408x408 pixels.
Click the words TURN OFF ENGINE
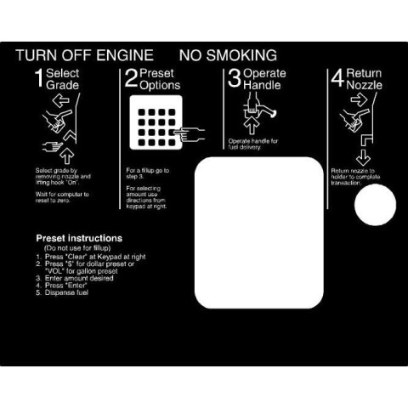[85, 56]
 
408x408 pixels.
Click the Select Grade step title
[63, 80]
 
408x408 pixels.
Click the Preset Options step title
[157, 80]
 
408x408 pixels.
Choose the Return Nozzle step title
[365, 80]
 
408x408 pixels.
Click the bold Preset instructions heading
[79, 238]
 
